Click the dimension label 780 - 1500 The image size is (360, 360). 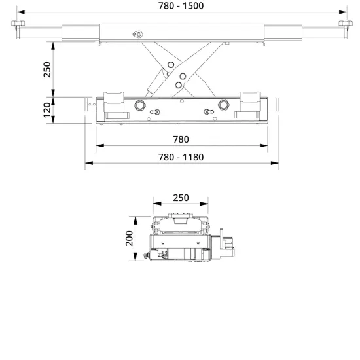click(x=181, y=6)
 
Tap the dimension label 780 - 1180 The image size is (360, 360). click(x=181, y=157)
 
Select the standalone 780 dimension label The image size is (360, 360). click(x=181, y=139)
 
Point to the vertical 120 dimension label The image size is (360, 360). click(x=47, y=110)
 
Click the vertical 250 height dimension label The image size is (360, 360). click(x=47, y=69)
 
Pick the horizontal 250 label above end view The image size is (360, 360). click(x=181, y=198)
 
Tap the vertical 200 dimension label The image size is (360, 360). click(x=129, y=238)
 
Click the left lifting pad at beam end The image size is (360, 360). click(x=18, y=23)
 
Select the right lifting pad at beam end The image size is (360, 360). click(x=346, y=23)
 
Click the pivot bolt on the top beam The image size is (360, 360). click(x=138, y=35)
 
